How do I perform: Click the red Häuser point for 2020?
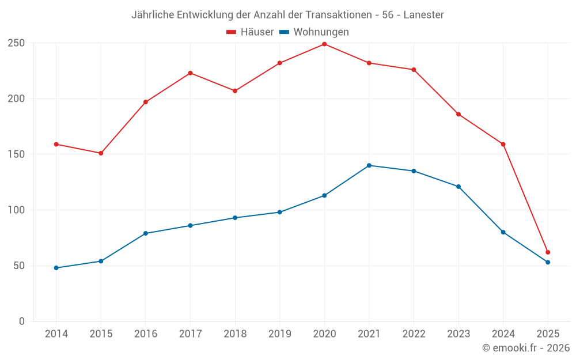tap(324, 44)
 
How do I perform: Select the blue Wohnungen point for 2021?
tap(369, 165)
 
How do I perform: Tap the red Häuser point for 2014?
tap(56, 144)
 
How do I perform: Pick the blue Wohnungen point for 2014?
tap(56, 268)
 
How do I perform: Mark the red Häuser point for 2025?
tap(548, 252)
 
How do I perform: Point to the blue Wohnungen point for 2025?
tap(548, 262)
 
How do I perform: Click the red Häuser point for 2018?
tap(235, 91)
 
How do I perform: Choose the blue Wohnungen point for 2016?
tap(146, 233)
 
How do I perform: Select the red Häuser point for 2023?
tap(458, 114)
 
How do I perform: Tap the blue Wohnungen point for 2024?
tap(503, 232)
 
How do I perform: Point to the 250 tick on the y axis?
tap(16, 43)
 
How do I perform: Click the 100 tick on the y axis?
tap(16, 210)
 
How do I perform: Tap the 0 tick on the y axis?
tap(22, 321)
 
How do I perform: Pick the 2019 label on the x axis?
tap(280, 334)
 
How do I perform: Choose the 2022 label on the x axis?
tap(414, 334)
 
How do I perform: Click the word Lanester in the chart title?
tap(424, 15)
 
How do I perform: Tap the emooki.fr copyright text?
tap(526, 348)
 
